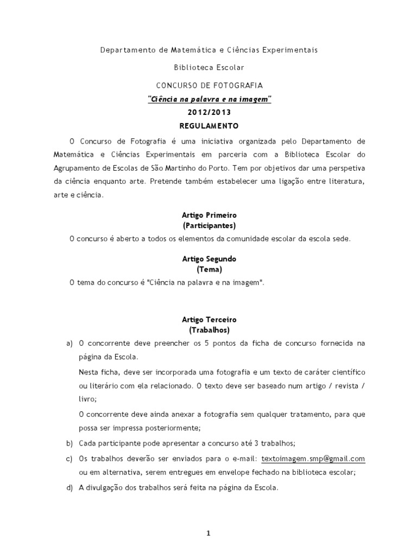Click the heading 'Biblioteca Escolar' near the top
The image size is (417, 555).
209,68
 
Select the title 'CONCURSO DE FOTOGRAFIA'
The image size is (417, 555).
209,86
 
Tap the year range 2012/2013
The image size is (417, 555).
209,112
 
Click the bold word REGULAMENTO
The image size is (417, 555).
209,125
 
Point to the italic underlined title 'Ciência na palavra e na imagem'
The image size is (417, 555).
209,99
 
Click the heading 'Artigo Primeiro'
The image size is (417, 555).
209,215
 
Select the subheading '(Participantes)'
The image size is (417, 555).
209,225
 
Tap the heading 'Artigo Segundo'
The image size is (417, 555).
209,259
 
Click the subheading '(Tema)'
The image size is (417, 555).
209,269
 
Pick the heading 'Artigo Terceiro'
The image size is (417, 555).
209,320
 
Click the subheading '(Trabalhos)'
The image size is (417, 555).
209,330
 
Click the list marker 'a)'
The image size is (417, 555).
69,344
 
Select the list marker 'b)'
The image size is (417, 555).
69,443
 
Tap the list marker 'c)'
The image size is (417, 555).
69,459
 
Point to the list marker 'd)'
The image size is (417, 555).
69,488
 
